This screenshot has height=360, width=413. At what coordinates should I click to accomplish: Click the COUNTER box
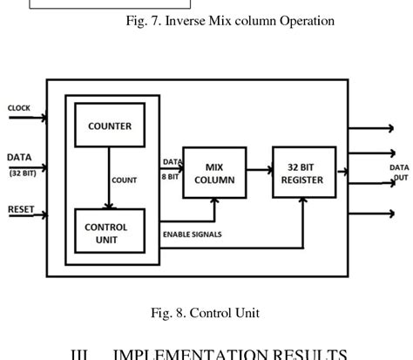[110, 126]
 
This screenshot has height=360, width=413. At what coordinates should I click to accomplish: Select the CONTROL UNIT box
[106, 231]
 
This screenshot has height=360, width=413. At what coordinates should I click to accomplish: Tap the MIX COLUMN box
[214, 173]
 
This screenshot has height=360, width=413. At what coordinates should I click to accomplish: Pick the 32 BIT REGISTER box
[301, 173]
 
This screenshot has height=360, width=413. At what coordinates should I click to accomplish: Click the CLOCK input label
[19, 108]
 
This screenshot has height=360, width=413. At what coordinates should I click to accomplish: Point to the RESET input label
[21, 209]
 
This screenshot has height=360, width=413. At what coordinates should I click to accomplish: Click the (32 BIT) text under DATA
[19, 172]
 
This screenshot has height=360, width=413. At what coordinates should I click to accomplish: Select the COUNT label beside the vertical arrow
[124, 180]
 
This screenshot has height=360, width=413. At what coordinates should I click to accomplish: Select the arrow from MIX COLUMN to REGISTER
[259, 172]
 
